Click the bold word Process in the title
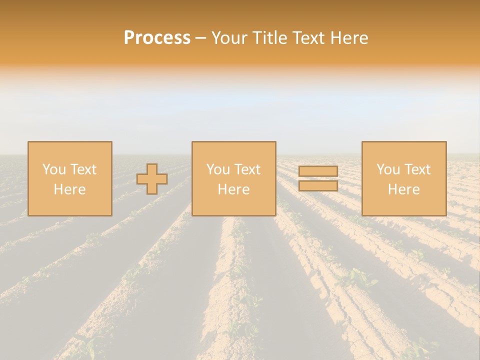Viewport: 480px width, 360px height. pyautogui.click(x=157, y=38)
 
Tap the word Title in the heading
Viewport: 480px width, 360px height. pyautogui.click(x=270, y=38)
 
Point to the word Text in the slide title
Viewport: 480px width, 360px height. pyautogui.click(x=307, y=38)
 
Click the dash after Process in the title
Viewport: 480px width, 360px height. pyautogui.click(x=201, y=38)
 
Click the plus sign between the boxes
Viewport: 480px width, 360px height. pyautogui.click(x=152, y=179)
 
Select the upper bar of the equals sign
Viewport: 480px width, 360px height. pyautogui.click(x=318, y=171)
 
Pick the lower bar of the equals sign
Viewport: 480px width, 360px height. pyautogui.click(x=318, y=185)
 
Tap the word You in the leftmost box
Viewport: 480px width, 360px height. pyautogui.click(x=53, y=169)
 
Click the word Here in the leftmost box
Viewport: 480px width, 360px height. pyautogui.click(x=69, y=189)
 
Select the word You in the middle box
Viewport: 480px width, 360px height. pyautogui.click(x=217, y=169)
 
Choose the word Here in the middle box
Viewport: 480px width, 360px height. pyautogui.click(x=233, y=189)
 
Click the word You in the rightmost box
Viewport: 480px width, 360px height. pyautogui.click(x=387, y=169)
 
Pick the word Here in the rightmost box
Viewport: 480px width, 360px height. pyautogui.click(x=403, y=189)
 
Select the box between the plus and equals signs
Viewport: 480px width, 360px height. pyautogui.click(x=233, y=205)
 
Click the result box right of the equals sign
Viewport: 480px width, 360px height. pyautogui.click(x=403, y=205)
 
